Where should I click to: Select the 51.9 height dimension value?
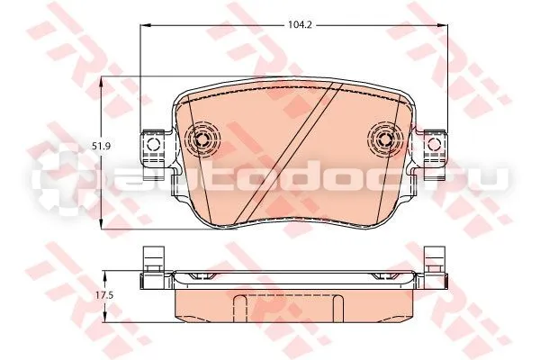[101, 146]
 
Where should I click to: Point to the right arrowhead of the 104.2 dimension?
[443, 25]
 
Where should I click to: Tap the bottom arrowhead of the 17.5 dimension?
[105, 318]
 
